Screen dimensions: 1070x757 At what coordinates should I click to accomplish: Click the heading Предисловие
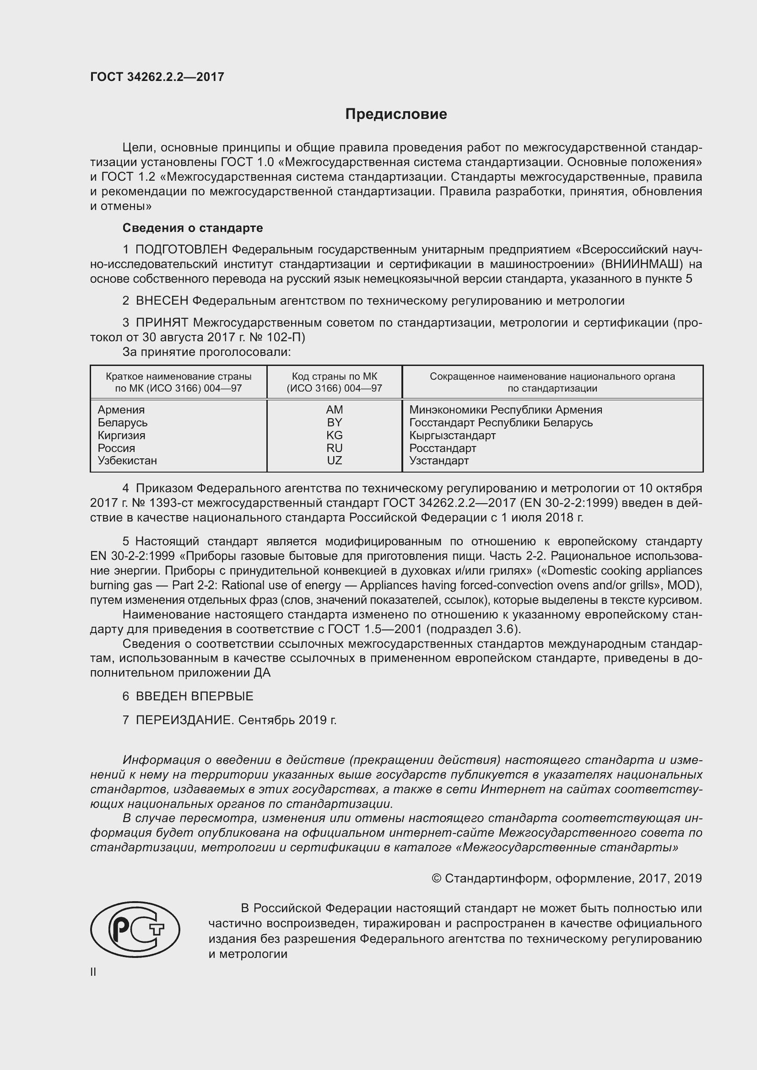pos(396,114)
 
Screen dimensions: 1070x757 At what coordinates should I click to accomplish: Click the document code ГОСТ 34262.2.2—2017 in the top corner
pos(157,77)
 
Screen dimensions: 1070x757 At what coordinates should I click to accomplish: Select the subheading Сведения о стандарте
pos(193,228)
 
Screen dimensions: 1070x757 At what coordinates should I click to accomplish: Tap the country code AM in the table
pos(334,409)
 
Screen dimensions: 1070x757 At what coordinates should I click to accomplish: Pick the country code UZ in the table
pos(334,461)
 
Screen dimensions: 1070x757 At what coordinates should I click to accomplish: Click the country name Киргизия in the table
pos(121,435)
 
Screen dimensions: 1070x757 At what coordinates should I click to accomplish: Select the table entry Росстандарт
pos(443,448)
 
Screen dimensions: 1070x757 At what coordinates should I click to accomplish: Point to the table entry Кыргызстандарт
pos(452,435)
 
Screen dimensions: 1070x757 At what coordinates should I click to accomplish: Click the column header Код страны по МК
pos(334,376)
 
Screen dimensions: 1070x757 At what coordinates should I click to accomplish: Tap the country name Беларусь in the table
pos(122,423)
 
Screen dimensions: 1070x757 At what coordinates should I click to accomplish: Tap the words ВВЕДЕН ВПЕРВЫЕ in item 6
pos(195,696)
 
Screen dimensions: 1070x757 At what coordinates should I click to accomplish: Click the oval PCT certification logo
pos(135,929)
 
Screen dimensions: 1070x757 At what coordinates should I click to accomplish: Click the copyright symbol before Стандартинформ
pos(436,878)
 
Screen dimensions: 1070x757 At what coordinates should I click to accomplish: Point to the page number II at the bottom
pos(93,972)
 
